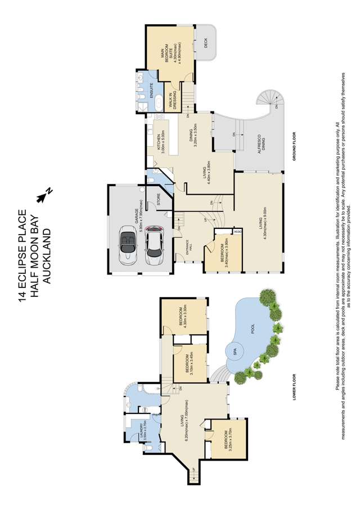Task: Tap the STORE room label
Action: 158,200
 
